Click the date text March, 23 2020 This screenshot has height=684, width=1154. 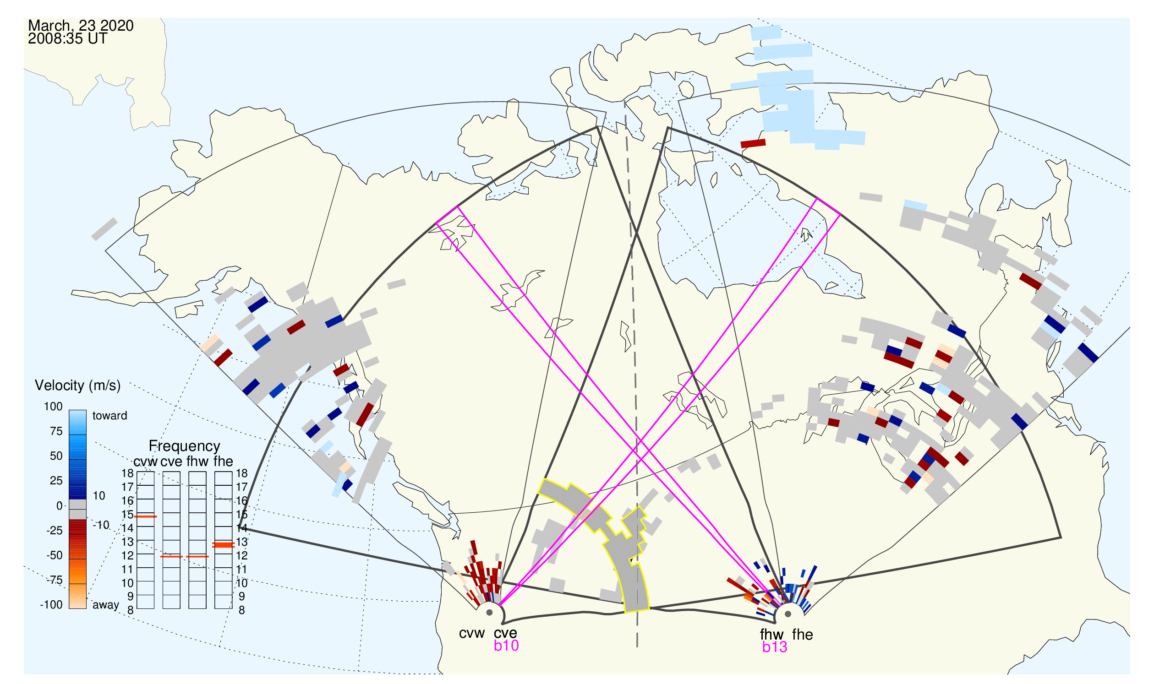pyautogui.click(x=81, y=25)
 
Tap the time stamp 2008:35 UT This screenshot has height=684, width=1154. pyautogui.click(x=67, y=39)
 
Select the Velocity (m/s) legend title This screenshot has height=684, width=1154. pyautogui.click(x=77, y=385)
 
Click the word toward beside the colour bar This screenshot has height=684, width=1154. pyautogui.click(x=110, y=416)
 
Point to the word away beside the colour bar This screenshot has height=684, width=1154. pyautogui.click(x=106, y=605)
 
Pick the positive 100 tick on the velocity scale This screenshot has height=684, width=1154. pyautogui.click(x=53, y=407)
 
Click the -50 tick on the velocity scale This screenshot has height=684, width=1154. pyautogui.click(x=54, y=555)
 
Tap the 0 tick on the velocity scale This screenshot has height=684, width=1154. pyautogui.click(x=59, y=506)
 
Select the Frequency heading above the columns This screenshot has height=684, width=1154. pyautogui.click(x=185, y=446)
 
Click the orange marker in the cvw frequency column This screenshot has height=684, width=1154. pyautogui.click(x=146, y=517)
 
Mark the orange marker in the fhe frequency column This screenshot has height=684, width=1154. pyautogui.click(x=223, y=545)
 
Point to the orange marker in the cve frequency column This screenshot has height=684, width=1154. pyautogui.click(x=172, y=557)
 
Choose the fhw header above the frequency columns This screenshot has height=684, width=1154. pyautogui.click(x=197, y=461)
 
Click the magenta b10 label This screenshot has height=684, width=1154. pyautogui.click(x=506, y=646)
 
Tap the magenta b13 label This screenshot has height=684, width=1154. pyautogui.click(x=774, y=647)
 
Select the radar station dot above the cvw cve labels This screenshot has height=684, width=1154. pyautogui.click(x=489, y=613)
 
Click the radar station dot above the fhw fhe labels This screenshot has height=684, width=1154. pyautogui.click(x=788, y=614)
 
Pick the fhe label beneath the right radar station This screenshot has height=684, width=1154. pyautogui.click(x=802, y=635)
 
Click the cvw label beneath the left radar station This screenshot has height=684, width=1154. pyautogui.click(x=471, y=633)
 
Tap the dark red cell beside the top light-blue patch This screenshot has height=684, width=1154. pyautogui.click(x=753, y=143)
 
